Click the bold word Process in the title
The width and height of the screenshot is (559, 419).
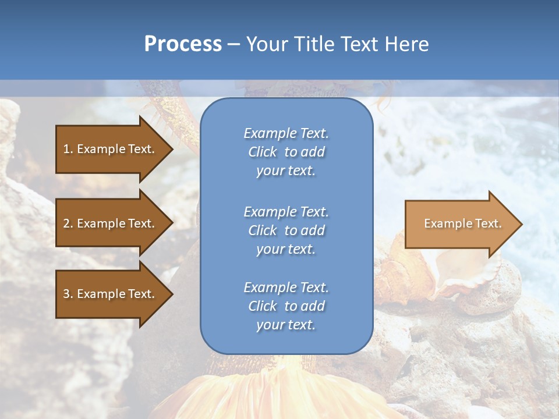click(x=183, y=44)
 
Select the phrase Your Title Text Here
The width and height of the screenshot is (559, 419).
click(x=337, y=44)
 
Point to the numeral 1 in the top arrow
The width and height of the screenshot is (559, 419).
click(x=66, y=149)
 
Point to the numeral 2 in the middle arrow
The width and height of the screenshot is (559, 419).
click(x=66, y=223)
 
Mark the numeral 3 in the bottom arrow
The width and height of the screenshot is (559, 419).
click(x=66, y=294)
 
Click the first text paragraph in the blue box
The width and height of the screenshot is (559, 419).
click(x=286, y=152)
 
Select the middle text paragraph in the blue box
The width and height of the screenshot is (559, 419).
click(x=286, y=230)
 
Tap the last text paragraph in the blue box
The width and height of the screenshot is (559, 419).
click(x=286, y=306)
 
